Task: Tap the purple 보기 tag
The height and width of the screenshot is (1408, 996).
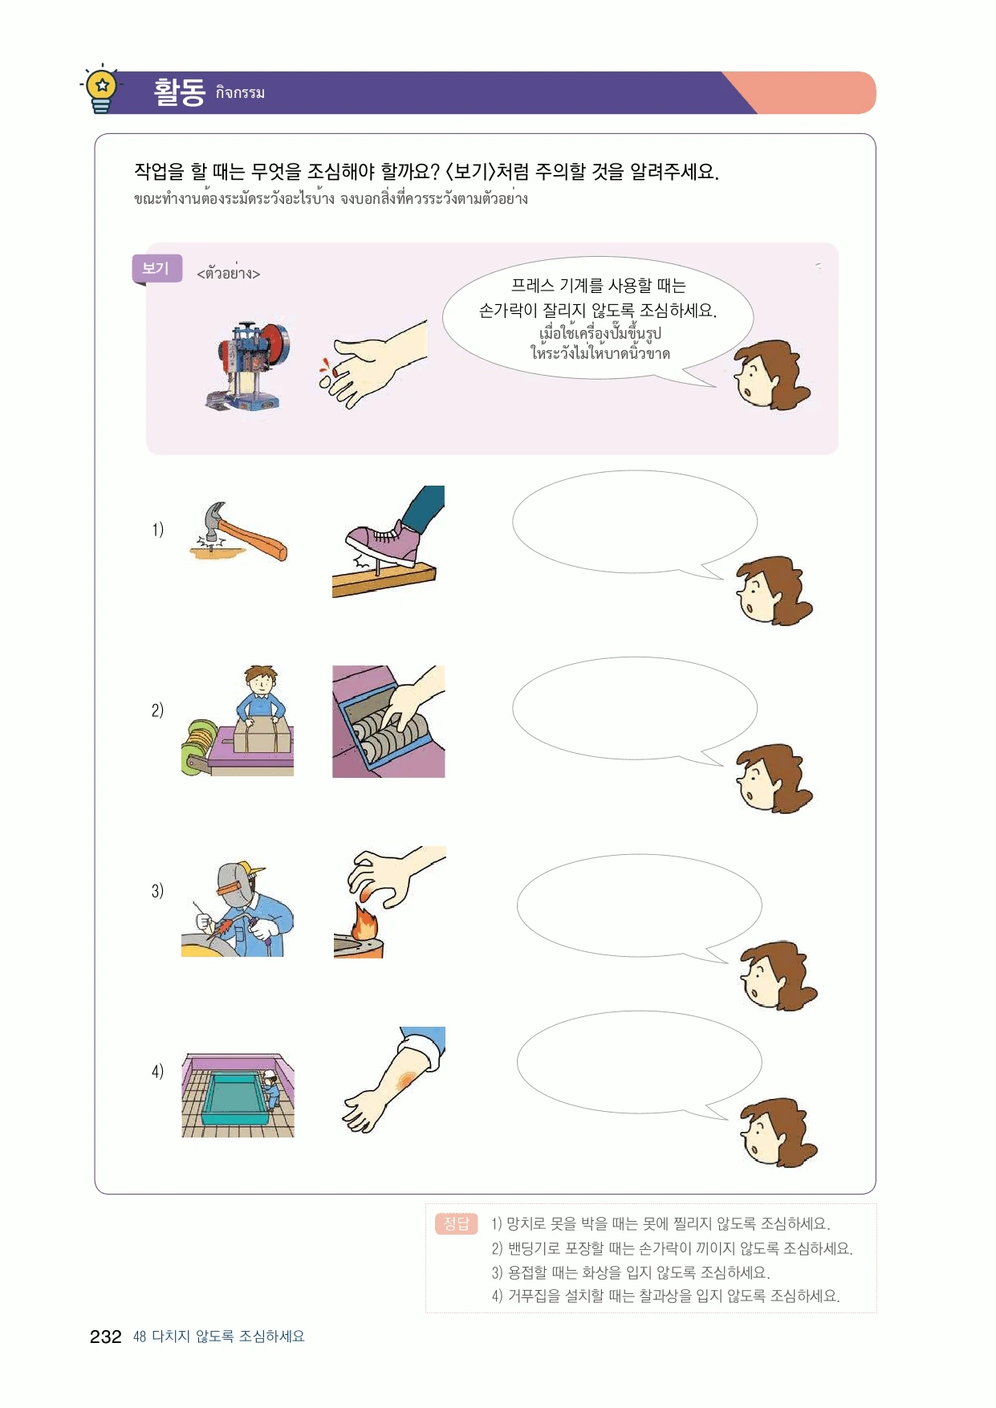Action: click(x=157, y=269)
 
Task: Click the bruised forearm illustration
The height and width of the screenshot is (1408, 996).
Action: click(x=393, y=1079)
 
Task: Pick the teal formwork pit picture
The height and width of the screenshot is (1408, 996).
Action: click(x=238, y=1096)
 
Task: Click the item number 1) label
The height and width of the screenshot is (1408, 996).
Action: click(x=157, y=530)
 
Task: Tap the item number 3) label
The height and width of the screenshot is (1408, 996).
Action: click(x=157, y=891)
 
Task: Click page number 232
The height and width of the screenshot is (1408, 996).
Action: click(x=105, y=1337)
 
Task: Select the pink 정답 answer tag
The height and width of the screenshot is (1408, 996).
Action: click(x=456, y=1223)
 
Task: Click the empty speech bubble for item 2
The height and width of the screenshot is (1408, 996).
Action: click(x=634, y=709)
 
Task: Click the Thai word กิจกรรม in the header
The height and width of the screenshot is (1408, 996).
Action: click(x=240, y=93)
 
